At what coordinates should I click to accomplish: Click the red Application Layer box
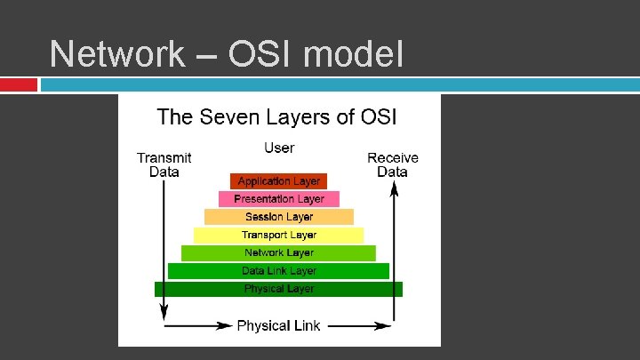pos(278,181)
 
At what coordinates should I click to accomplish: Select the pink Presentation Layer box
pos(279,199)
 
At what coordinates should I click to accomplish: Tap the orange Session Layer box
pos(279,217)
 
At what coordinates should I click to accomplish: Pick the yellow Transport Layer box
pos(279,235)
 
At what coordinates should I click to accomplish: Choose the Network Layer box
pos(279,253)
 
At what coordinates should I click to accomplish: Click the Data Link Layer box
pos(279,271)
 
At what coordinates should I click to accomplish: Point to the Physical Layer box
pos(279,289)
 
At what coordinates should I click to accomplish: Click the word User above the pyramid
pos(279,148)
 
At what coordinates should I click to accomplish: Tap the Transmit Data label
pos(164,164)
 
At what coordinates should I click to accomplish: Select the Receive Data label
pos(392,164)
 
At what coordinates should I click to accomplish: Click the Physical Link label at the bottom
pos(278,325)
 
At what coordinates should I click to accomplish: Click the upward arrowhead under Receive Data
pos(392,187)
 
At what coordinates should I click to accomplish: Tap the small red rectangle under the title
pos(19,84)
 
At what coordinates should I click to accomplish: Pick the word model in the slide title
pos(353,54)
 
